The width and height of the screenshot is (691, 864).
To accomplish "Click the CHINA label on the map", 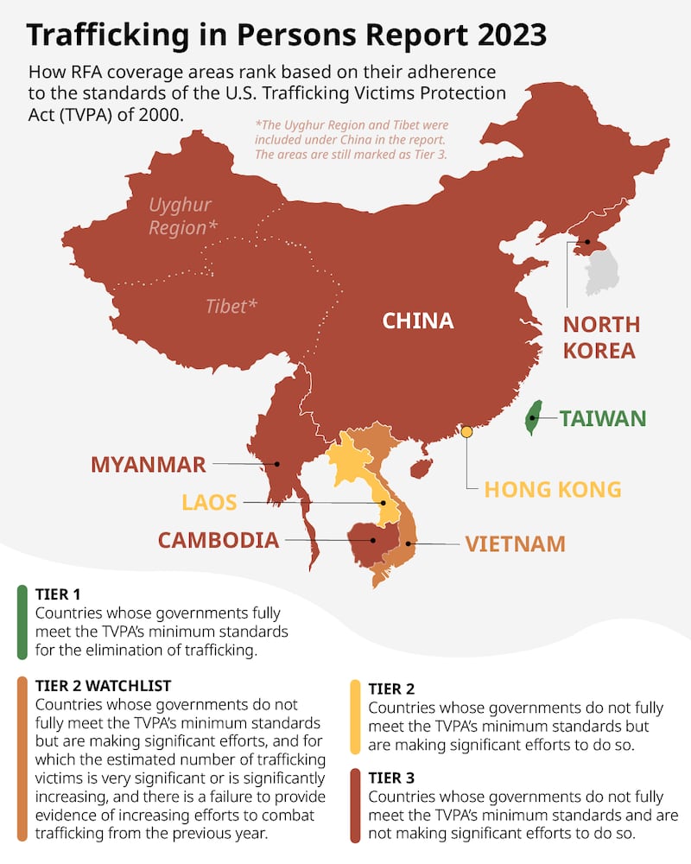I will point(418,321).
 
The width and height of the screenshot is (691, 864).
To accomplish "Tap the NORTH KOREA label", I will point(601,338).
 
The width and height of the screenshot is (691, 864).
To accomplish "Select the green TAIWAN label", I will point(603,419).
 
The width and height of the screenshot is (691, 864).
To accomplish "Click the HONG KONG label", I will point(553,489).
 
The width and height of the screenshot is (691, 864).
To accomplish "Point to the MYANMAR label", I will point(149,464).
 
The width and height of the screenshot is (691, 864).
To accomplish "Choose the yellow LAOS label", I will point(208,502).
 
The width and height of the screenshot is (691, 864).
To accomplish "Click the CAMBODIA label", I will point(218,541).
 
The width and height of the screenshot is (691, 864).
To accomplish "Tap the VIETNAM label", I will point(515,543).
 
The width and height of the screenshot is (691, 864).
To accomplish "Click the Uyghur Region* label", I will point(181,217).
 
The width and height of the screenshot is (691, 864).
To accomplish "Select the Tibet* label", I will point(231,306).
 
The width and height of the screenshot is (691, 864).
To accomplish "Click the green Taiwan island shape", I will point(535,417).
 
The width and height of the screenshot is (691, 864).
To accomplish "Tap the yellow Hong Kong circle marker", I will point(466,430).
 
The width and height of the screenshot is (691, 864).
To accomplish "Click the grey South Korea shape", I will point(603,270).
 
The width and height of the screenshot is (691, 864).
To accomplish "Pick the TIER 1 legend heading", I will point(58,594).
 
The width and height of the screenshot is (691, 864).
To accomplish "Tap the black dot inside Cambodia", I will point(373,541).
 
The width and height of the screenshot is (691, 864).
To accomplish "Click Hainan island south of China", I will point(420,468).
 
